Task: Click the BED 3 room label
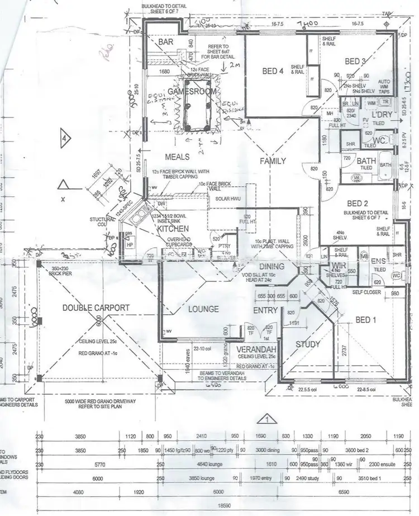coord(355,61)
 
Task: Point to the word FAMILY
coord(273,161)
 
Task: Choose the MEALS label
coord(178,157)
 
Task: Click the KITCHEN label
coord(173,229)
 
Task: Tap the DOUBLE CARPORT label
coord(96,307)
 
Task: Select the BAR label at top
coord(166,42)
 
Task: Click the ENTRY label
coord(265,310)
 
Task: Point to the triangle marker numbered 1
coord(268,419)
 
